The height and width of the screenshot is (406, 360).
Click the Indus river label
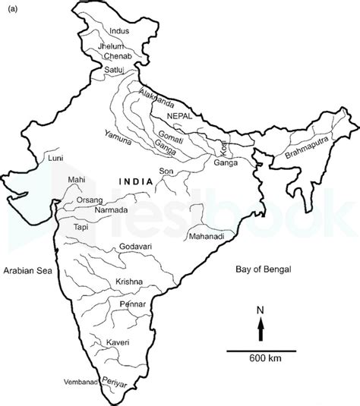(121, 32)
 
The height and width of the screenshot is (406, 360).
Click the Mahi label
(77, 180)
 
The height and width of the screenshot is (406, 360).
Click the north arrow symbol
(261, 327)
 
